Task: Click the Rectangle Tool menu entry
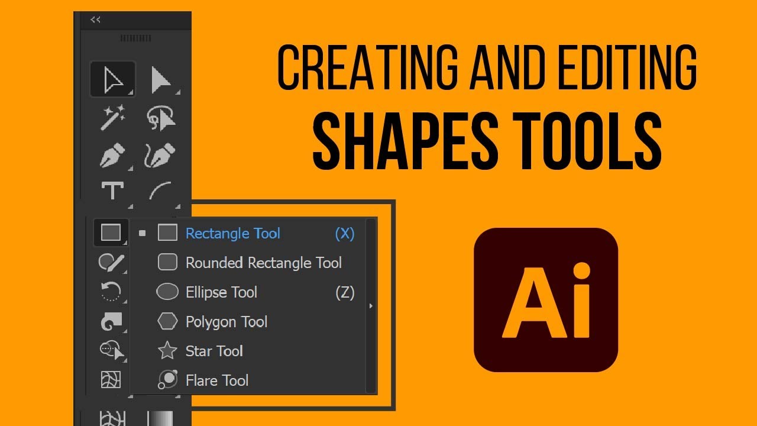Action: point(232,234)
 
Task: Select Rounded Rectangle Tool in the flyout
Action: point(263,263)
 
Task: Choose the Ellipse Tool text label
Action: point(221,292)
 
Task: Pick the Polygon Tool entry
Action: point(227,322)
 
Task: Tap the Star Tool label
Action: point(214,351)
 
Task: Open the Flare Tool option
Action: point(217,380)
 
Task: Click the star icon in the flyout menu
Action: point(168,351)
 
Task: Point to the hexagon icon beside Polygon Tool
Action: point(167,321)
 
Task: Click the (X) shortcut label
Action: point(345,234)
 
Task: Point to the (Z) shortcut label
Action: point(345,292)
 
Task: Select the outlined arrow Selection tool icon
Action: point(112,79)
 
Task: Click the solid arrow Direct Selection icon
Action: point(160,80)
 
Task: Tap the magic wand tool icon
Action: point(112,117)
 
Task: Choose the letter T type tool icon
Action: point(112,191)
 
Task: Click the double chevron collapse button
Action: point(95,20)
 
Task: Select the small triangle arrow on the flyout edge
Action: point(371,306)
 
